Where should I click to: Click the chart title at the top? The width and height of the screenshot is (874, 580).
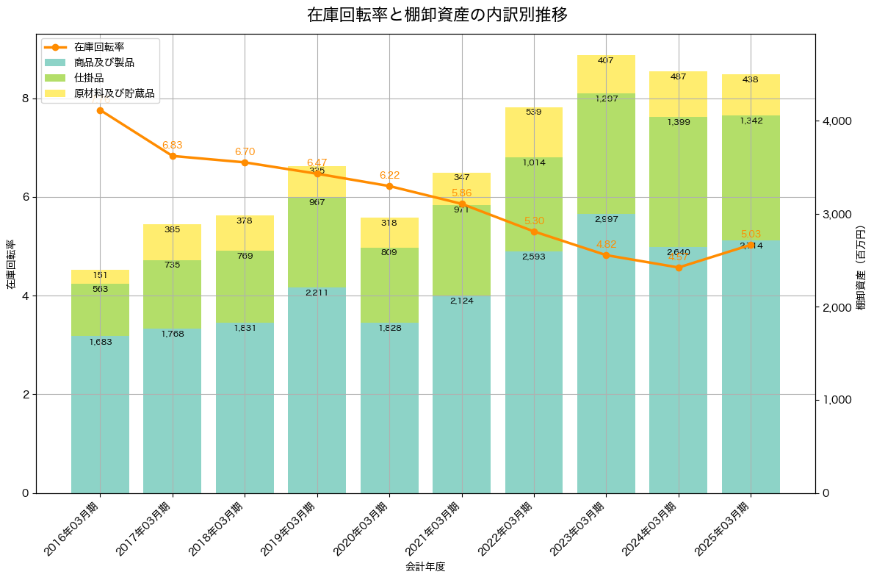point(437,15)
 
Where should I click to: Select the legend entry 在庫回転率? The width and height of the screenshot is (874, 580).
point(99,47)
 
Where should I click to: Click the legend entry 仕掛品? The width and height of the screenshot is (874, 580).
point(89,78)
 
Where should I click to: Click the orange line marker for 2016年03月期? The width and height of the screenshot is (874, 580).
point(100,110)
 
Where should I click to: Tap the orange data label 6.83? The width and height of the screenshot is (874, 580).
point(172,145)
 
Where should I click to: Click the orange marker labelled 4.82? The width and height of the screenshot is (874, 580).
point(606,255)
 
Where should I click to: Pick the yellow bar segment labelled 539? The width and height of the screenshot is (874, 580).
point(534,132)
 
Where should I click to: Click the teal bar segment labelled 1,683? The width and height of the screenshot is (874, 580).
point(100,414)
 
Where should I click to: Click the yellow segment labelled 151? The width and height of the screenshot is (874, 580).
point(100,276)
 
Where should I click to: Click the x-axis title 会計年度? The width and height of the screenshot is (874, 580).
point(425,567)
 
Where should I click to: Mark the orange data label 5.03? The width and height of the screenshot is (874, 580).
point(751,234)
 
